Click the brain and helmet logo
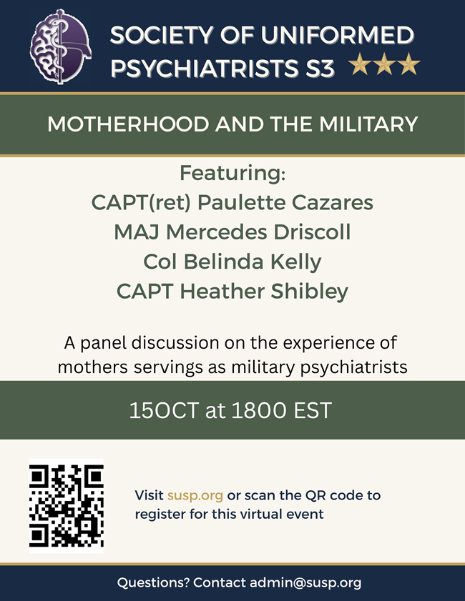pos(60,46)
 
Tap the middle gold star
pos(384,64)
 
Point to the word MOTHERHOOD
pos(128,124)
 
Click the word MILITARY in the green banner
pos(368,124)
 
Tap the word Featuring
pos(232,173)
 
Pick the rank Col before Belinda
pos(160,262)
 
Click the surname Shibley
pos(310,292)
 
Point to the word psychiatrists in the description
pos(353,367)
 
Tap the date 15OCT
pos(164,410)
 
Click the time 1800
pos(259,410)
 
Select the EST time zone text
pos(313,410)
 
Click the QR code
pos(67,506)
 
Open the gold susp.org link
pos(195,496)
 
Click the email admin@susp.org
pos(305,583)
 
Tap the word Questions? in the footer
pos(153,582)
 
